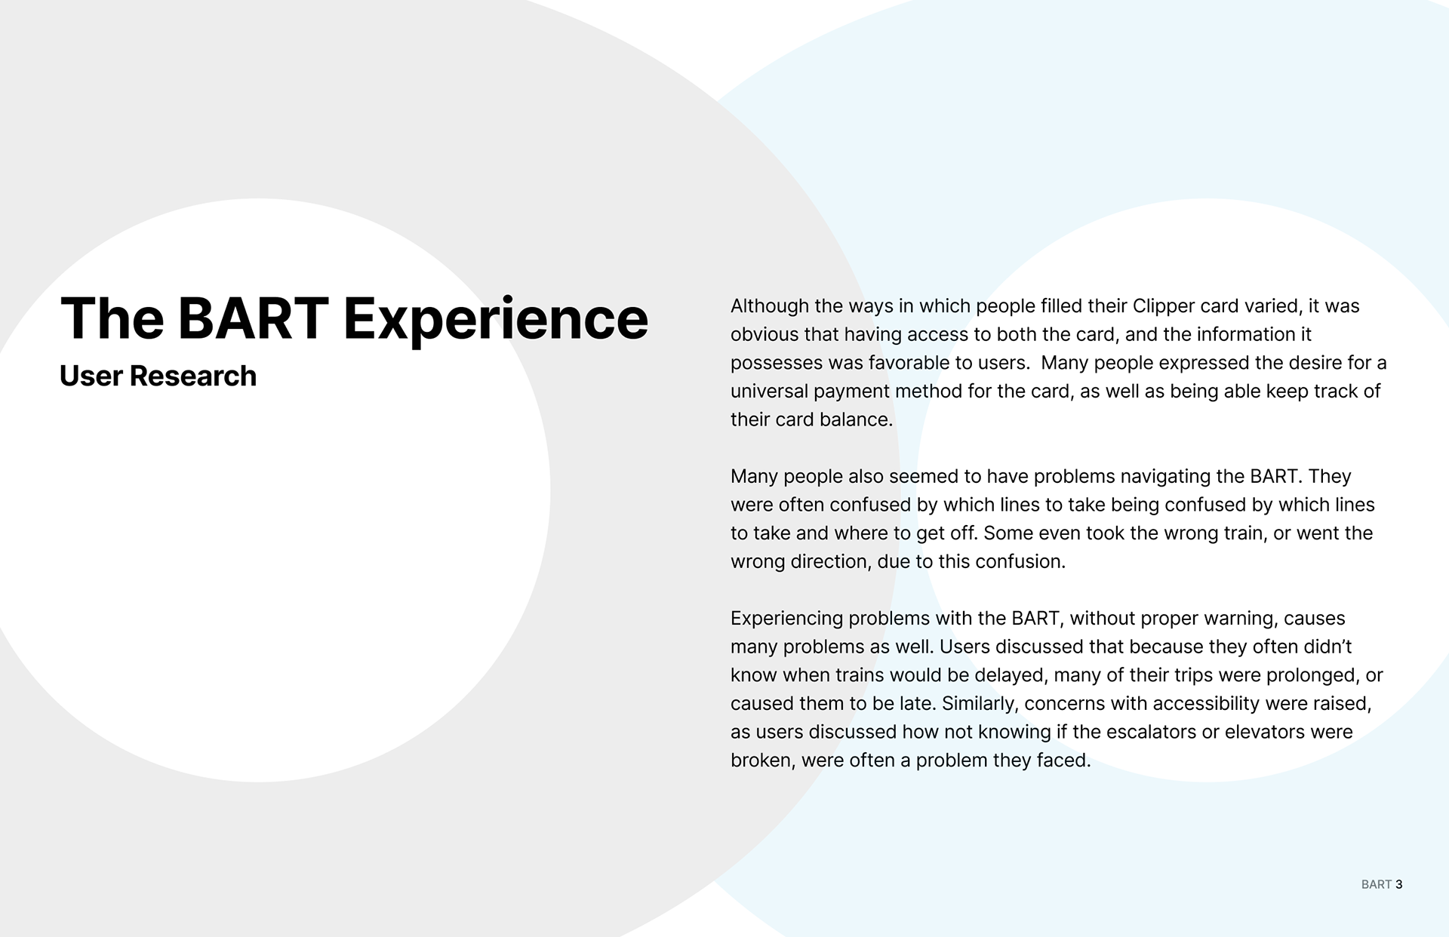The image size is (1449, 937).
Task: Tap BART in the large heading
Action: (253, 318)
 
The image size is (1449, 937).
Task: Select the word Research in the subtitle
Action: (193, 376)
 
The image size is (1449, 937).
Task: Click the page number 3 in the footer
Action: (1399, 884)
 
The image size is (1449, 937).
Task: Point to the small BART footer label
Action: (1377, 884)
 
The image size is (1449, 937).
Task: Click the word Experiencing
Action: (786, 619)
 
